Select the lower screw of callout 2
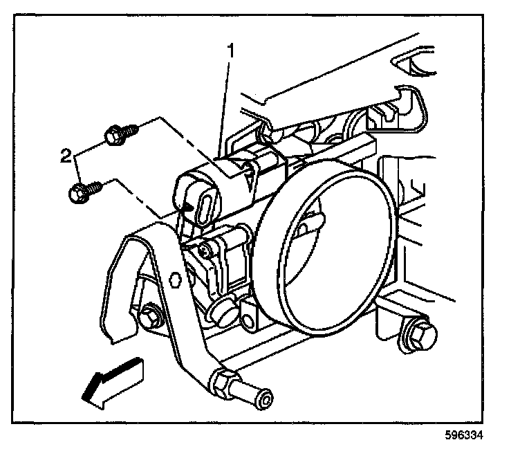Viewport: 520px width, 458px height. [84, 190]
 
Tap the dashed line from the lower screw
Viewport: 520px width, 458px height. [138, 197]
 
